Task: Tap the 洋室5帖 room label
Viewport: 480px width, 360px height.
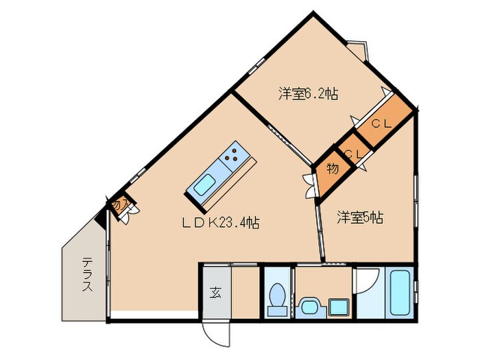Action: coord(359,217)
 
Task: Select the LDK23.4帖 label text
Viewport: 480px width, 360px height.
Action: coord(220,222)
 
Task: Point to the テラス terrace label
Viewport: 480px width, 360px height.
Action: coord(87,274)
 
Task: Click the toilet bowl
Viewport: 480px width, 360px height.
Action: coord(278,300)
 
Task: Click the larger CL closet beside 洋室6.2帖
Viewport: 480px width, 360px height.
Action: coord(382,124)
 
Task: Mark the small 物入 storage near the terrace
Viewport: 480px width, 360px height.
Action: coord(119,204)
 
